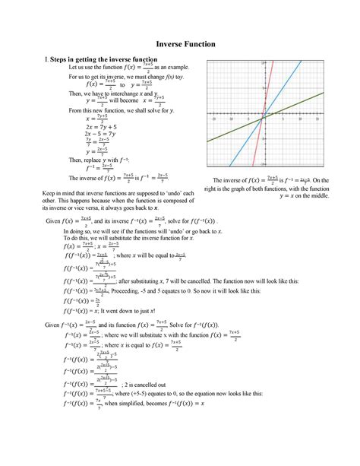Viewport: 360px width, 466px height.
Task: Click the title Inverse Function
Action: pyautogui.click(x=180, y=45)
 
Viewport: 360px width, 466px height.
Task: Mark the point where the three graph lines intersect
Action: pyautogui.click(x=263, y=118)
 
